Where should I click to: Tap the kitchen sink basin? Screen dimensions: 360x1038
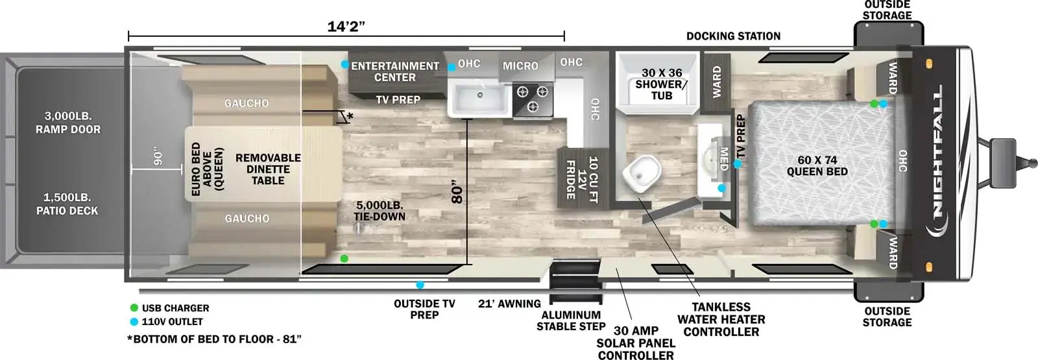point(480,99)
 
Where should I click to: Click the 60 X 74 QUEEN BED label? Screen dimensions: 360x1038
point(817,165)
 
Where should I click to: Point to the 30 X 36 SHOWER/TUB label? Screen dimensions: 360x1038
point(662,84)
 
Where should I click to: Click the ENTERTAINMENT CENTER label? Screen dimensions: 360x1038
point(395,71)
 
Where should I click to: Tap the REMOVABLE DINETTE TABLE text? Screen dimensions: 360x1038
point(268,169)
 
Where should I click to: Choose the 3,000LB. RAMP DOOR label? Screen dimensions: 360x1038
point(68,123)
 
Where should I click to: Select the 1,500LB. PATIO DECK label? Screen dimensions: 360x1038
point(67,204)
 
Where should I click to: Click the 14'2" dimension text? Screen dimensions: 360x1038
point(346,27)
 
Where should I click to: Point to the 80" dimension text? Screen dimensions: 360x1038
point(457,191)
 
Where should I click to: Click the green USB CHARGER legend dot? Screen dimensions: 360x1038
point(134,308)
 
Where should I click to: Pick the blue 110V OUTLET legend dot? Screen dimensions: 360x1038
point(134,322)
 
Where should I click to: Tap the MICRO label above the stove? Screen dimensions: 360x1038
point(520,66)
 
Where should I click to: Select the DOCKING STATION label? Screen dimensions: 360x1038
point(733,36)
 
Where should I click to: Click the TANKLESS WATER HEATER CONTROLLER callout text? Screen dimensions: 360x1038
point(721,319)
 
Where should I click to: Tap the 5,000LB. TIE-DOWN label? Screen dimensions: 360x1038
point(380,211)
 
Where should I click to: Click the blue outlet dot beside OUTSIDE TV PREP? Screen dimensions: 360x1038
point(420,285)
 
